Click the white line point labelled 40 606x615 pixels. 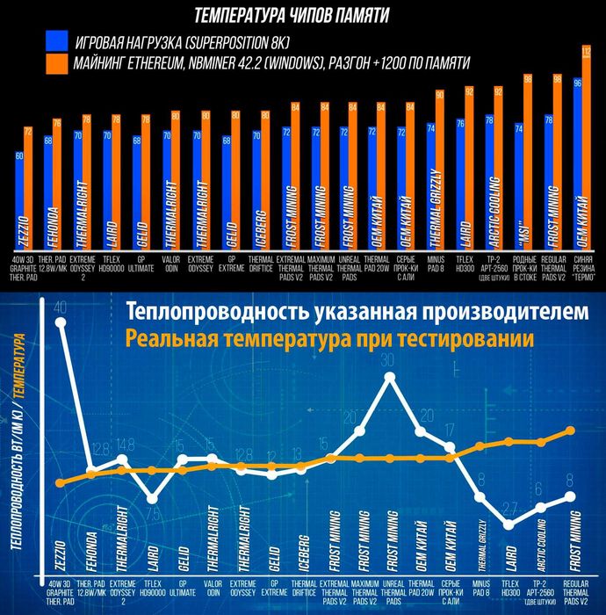coord(61,322)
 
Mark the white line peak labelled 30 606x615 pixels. coord(390,377)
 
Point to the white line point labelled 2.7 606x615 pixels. coord(510,525)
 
